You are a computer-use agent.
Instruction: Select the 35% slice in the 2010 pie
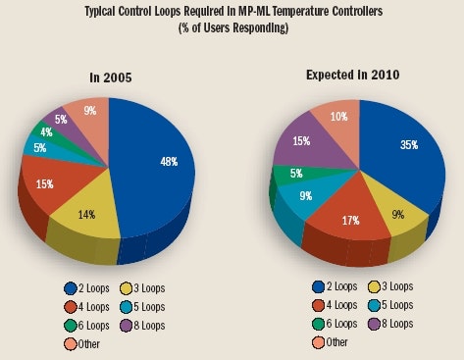tap(397, 157)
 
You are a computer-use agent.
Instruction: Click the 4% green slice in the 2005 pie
tap(46, 131)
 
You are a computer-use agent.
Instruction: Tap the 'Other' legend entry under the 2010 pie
tap(332, 341)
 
